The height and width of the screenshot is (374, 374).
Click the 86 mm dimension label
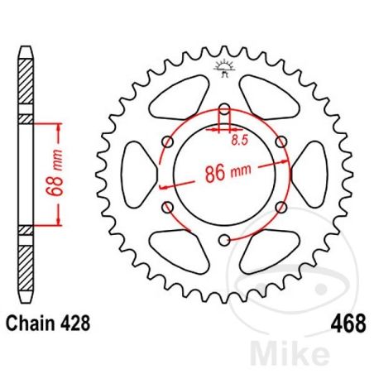[228, 175]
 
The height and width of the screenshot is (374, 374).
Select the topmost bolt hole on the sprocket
[224, 108]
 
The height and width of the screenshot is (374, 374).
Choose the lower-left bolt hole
[168, 207]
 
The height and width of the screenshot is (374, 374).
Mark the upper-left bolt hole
[168, 141]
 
